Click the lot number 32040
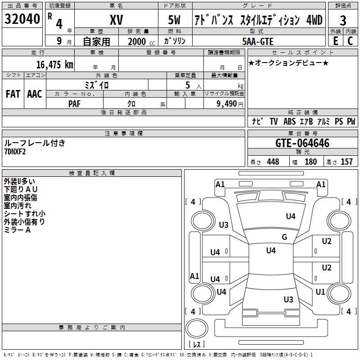(x=22, y=19)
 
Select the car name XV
(x=116, y=20)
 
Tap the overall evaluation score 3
(x=343, y=20)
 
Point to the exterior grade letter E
(x=335, y=41)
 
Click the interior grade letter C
(x=350, y=41)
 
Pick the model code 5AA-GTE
(x=257, y=41)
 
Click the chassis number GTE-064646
(x=302, y=143)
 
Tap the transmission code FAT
(x=13, y=94)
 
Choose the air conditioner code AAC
(x=34, y=94)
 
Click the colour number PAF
(x=74, y=103)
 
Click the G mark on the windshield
(x=284, y=237)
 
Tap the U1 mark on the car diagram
(x=320, y=292)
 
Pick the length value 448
(x=273, y=162)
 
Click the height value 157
(x=346, y=162)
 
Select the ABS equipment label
(x=289, y=121)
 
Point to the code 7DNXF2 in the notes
(x=15, y=152)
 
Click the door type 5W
(x=175, y=20)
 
